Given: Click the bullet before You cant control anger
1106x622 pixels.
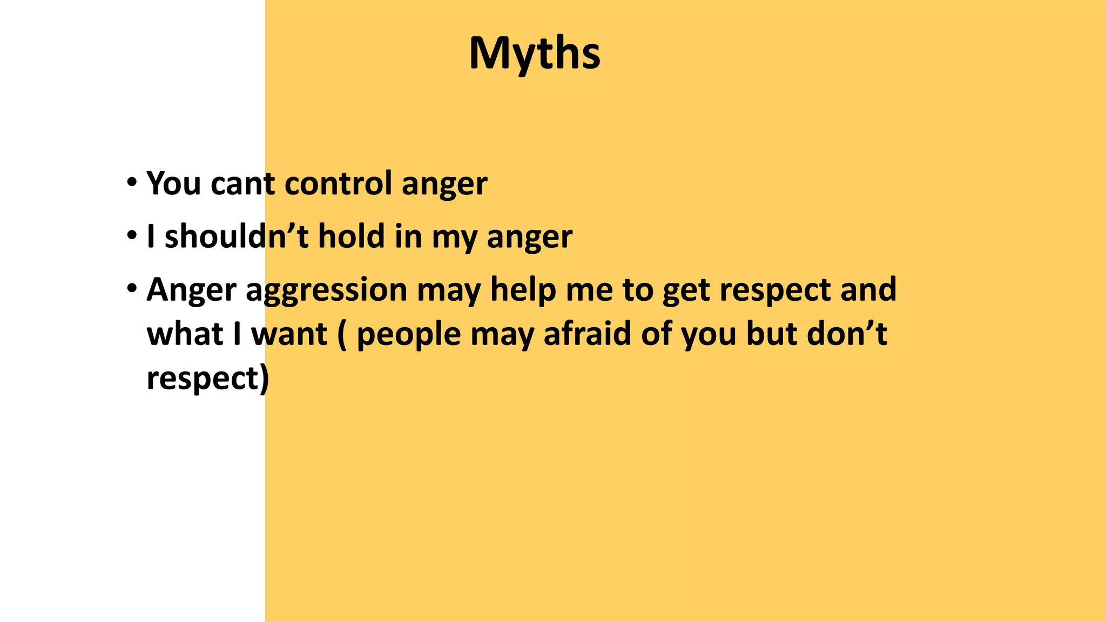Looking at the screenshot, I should (x=131, y=182).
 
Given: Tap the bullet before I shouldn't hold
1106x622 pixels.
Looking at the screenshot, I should (x=131, y=236).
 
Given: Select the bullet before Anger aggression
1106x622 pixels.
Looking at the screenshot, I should (x=131, y=289).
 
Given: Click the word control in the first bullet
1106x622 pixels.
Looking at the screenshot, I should (x=338, y=184).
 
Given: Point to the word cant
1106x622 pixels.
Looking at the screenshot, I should (x=242, y=184).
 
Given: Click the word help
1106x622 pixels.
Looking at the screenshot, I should (x=522, y=290).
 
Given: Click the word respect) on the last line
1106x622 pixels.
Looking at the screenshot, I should (x=207, y=379).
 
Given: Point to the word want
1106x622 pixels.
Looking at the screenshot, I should (x=289, y=335).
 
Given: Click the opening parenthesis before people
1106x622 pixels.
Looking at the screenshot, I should (x=342, y=335).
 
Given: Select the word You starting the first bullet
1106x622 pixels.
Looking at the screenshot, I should (x=174, y=184).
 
